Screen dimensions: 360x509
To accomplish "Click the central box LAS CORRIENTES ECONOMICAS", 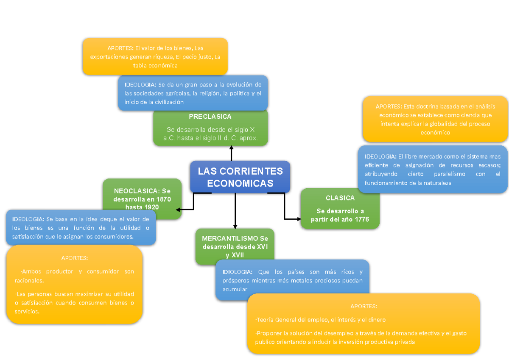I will click(240, 177).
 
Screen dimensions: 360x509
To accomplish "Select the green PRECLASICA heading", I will click(210, 117).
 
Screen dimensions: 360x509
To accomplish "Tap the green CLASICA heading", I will click(340, 198).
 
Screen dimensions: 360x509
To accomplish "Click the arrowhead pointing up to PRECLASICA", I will click(231, 148).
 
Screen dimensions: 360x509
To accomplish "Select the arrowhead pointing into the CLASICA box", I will click(298, 219).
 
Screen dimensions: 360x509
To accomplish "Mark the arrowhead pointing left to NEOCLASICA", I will click(179, 209).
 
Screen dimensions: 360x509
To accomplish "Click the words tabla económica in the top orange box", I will click(155, 66).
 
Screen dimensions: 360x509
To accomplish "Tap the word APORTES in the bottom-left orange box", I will click(75, 258).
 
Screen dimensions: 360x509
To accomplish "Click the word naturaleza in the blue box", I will click(436, 183).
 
